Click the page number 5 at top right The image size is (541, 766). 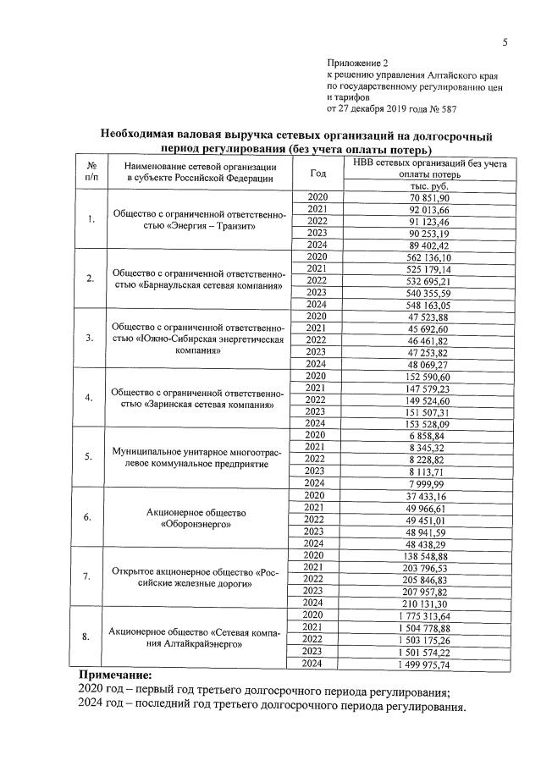click(x=505, y=42)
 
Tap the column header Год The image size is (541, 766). click(x=318, y=173)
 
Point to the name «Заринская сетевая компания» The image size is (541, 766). click(x=202, y=405)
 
